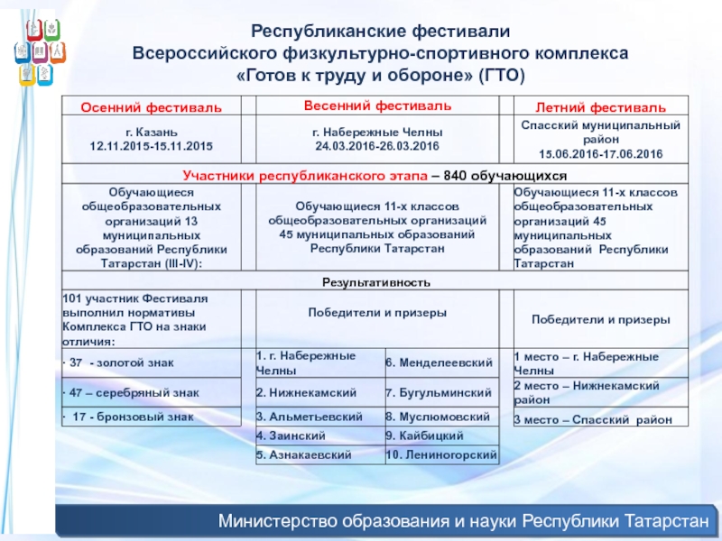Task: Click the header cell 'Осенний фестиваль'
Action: pos(151,108)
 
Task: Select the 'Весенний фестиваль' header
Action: pos(376,106)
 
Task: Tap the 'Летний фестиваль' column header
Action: pos(600,108)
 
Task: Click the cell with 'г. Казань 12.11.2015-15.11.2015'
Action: pos(151,138)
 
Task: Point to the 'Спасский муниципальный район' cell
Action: pos(600,139)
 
